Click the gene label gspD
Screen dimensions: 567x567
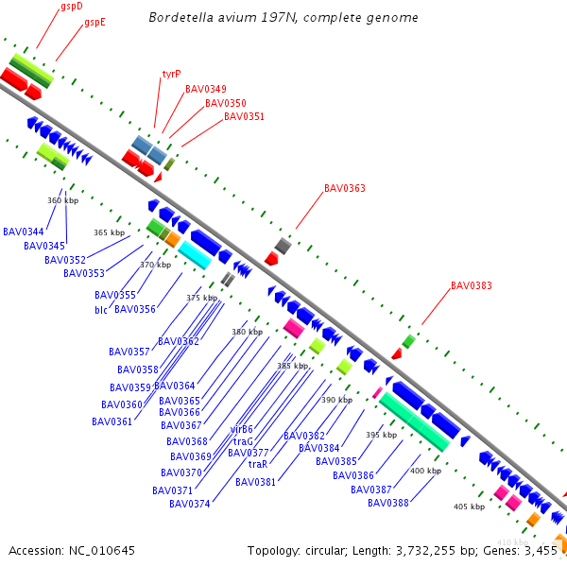[72, 6]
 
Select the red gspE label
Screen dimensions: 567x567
[94, 22]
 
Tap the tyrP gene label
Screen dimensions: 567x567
[171, 73]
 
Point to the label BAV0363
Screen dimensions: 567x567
[344, 188]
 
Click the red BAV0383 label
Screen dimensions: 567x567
[471, 285]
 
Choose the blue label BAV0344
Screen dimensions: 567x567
[24, 232]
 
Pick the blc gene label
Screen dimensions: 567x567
[101, 310]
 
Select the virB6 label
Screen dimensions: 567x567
[242, 429]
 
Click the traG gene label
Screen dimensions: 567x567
[243, 441]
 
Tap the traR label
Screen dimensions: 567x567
[258, 464]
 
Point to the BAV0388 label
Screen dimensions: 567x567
[388, 503]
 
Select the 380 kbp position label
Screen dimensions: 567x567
[247, 332]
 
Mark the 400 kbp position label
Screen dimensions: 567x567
[425, 471]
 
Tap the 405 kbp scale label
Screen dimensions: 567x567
[469, 507]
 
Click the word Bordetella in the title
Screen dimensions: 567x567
[180, 18]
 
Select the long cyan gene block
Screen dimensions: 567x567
[195, 254]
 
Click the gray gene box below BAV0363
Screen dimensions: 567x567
[283, 246]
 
